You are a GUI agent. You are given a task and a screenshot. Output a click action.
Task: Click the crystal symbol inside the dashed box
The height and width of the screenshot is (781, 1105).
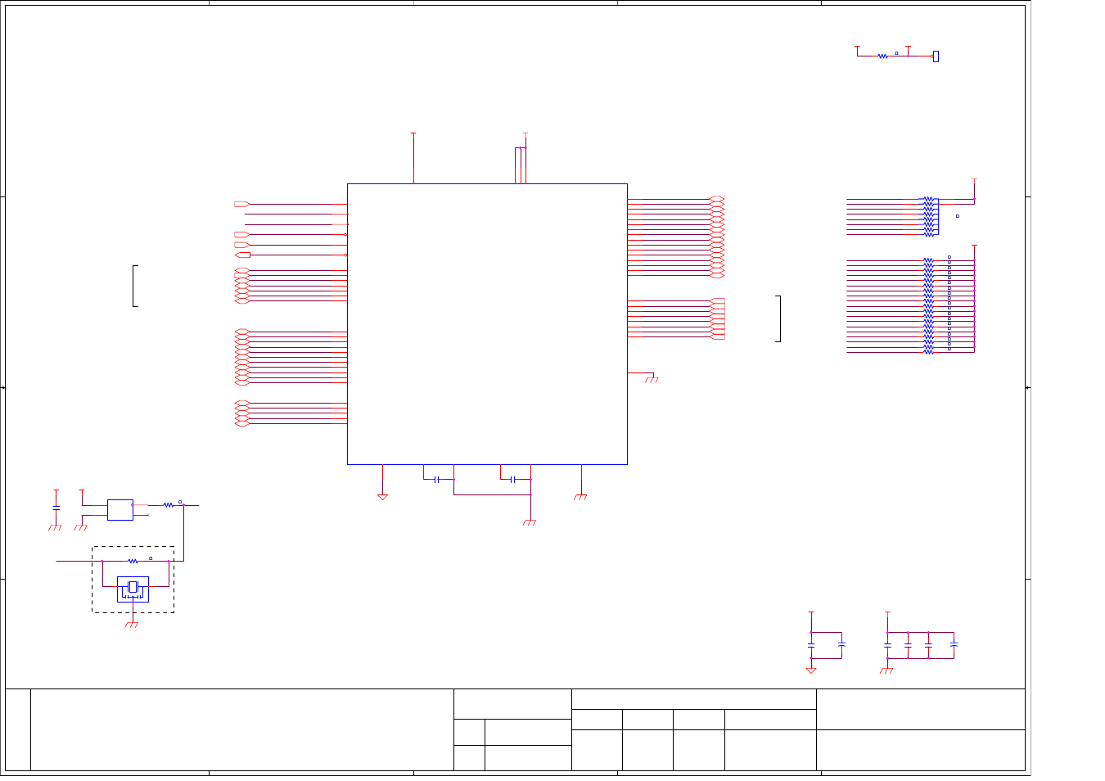pos(133,587)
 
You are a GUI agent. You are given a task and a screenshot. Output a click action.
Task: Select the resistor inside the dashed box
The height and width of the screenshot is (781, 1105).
pos(133,561)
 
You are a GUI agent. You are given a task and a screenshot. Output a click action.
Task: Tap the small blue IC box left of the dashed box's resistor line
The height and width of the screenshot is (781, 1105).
pos(120,509)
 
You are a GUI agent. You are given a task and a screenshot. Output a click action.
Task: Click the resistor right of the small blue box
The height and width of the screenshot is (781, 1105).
pos(168,505)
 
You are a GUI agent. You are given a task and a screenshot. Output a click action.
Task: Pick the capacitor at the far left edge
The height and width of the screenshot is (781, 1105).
pos(56,508)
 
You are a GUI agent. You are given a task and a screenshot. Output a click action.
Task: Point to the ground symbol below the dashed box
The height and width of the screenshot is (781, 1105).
pos(132,625)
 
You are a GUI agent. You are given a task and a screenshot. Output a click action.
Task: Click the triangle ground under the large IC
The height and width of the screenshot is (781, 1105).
pos(382,496)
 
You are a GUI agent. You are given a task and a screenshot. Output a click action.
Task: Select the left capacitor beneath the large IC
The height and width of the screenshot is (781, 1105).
pos(436,479)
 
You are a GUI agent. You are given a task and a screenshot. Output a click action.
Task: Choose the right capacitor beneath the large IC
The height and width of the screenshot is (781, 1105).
pos(512,479)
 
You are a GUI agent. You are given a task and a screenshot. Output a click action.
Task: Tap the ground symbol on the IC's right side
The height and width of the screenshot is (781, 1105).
pos(652,379)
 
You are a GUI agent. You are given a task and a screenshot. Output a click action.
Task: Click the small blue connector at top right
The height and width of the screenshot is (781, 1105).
pos(936,56)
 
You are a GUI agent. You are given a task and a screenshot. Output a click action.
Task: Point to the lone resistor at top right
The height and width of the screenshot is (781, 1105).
pos(882,56)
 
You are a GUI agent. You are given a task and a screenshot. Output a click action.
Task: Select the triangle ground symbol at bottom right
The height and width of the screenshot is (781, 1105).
pos(811,670)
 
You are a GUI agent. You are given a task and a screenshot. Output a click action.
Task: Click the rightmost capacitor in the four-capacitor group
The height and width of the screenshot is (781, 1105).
pos(954,645)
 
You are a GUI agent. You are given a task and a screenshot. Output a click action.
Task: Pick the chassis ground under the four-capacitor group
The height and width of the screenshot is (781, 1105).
pos(886,670)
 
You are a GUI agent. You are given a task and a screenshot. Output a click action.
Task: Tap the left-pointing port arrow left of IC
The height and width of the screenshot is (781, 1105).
pos(242,255)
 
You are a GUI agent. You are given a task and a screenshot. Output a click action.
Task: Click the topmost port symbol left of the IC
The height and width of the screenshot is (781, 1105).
pos(241,204)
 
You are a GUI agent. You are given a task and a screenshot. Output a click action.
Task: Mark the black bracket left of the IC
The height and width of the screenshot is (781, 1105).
pos(134,286)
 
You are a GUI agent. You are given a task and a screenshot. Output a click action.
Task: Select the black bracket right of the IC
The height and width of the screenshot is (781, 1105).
pos(778,318)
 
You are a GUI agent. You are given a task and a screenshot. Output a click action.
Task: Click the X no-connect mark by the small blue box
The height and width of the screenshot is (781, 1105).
pos(147,515)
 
